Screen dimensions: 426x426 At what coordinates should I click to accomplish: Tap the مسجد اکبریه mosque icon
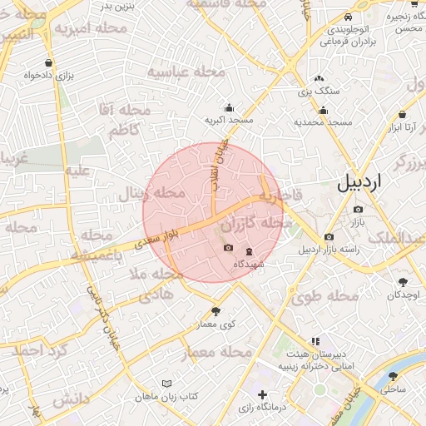tap(229, 107)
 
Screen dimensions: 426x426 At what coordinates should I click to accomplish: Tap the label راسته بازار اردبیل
tap(334, 249)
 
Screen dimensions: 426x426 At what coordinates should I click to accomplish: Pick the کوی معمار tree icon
tap(216, 311)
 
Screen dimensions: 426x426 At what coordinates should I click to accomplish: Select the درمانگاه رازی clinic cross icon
tap(263, 394)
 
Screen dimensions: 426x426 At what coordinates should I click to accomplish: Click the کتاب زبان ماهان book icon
tap(167, 384)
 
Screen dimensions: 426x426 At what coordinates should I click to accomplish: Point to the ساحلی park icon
tap(393, 376)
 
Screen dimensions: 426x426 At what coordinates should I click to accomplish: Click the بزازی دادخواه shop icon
tap(50, 62)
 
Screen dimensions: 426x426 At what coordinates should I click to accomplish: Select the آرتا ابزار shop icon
tap(403, 114)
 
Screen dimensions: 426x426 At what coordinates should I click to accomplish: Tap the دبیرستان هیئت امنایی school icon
tap(315, 341)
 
